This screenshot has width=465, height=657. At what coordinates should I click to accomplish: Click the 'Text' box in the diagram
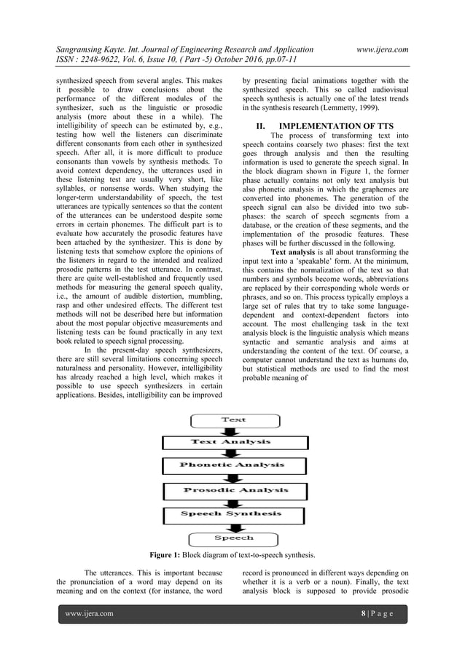[x=234, y=420]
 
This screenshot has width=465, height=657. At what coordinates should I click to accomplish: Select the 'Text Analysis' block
[x=231, y=442]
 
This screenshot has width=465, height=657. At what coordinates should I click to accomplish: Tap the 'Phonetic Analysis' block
[x=232, y=465]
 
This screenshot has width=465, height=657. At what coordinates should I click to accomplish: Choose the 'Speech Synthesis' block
[x=231, y=514]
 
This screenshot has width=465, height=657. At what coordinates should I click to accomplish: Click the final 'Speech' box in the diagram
[x=233, y=538]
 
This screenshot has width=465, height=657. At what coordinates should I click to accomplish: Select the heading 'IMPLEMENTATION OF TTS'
[x=332, y=125]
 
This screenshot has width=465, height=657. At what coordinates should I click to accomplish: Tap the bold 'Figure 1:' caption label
[x=170, y=554]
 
